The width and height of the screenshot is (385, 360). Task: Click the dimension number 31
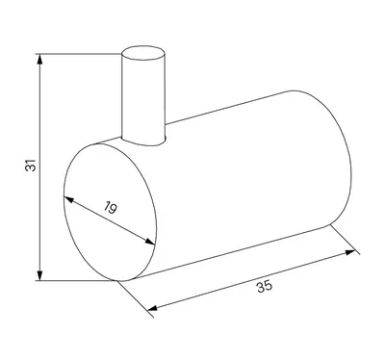(31, 165)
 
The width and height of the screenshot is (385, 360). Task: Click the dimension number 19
(111, 208)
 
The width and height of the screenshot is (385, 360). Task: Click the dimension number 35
(265, 286)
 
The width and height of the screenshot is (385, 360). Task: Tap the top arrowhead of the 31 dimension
(39, 60)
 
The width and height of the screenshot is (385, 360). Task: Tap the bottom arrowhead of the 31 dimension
(39, 274)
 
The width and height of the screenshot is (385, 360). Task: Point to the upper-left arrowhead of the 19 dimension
(68, 199)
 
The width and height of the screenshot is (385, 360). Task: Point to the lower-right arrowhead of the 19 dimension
(150, 242)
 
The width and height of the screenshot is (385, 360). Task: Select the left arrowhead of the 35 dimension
(153, 308)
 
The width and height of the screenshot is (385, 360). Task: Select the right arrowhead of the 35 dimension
(350, 252)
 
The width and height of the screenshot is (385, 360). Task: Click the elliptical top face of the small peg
(143, 53)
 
